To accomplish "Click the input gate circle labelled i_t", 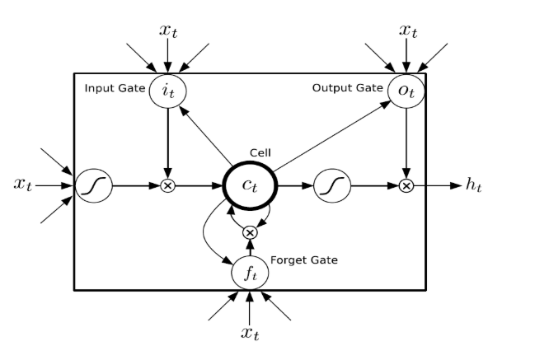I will [167, 91].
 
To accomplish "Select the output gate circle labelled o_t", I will [405, 91].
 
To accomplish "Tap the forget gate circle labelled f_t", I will [249, 272].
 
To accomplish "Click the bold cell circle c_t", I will [250, 185].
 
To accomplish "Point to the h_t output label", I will [473, 185].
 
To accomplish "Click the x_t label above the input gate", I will [167, 30].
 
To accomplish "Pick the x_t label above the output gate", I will [407, 30].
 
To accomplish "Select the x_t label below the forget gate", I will [251, 332].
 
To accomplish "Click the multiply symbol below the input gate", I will [167, 186].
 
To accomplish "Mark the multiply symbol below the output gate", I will [406, 186].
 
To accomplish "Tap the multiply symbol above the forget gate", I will [250, 234].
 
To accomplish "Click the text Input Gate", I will [115, 88].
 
